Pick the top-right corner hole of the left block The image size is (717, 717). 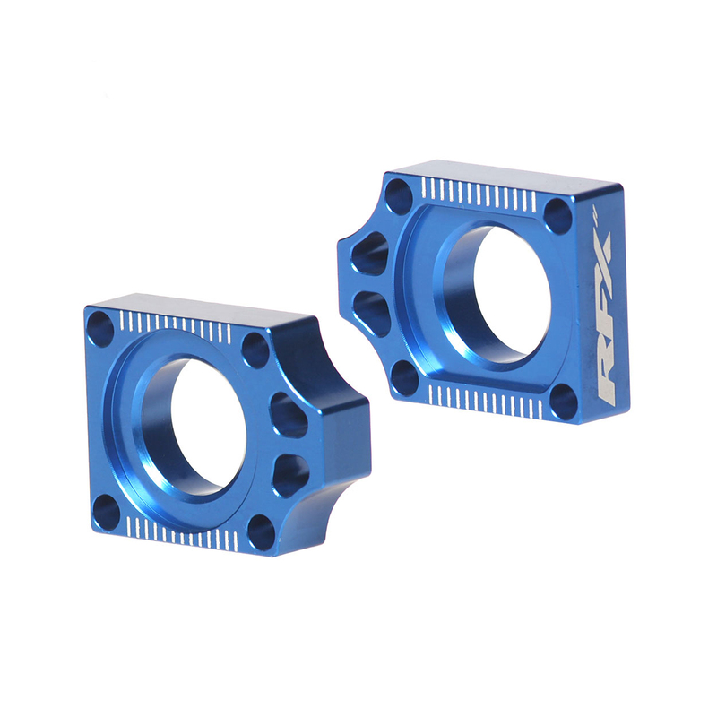[x=255, y=350]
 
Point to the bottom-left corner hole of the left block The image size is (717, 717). [x=106, y=511]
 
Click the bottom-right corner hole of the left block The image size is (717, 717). [x=261, y=534]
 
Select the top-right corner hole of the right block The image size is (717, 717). [x=557, y=216]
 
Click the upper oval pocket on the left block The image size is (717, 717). [x=288, y=415]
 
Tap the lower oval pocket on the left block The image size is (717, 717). [x=289, y=473]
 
